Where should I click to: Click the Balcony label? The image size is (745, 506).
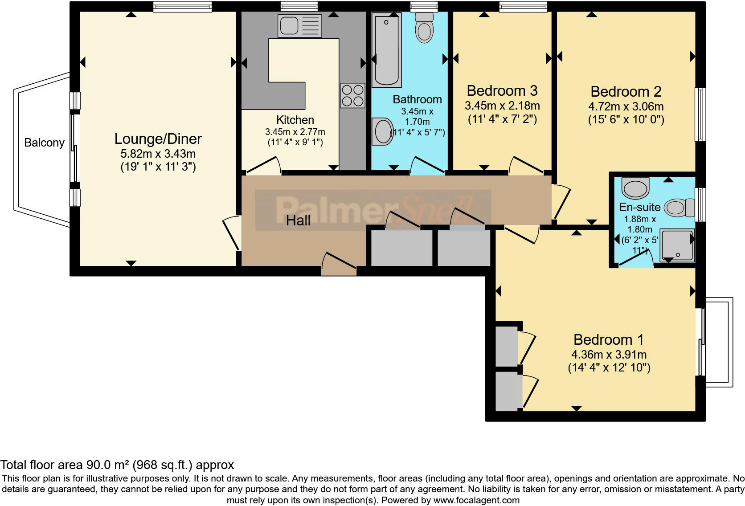point(44,143)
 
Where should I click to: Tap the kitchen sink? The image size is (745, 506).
point(299,26)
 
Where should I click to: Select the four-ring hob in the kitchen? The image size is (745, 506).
point(352,96)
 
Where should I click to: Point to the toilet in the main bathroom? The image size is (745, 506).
point(424,28)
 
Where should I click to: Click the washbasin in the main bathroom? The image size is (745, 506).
point(382,131)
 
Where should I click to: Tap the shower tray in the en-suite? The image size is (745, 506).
point(677,245)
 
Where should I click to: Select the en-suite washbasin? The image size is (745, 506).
point(636,188)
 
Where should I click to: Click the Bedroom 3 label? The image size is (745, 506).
point(502,91)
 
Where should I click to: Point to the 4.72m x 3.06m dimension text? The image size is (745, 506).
point(626,106)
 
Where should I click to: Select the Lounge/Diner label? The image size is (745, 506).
point(158,139)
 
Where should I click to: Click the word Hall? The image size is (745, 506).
point(298,220)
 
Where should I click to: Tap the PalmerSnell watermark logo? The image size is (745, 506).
point(373,210)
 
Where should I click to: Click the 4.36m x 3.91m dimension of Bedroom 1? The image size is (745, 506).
point(609,355)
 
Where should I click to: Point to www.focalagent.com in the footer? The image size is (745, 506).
point(476,500)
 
